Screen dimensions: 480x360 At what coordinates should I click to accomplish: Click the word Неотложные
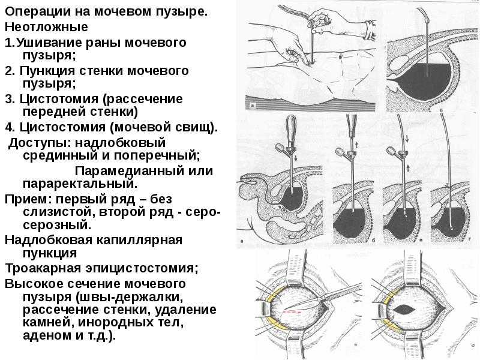click(x=46, y=27)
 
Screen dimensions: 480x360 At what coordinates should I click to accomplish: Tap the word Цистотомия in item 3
click(x=59, y=99)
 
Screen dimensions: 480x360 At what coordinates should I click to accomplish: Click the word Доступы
click(x=40, y=143)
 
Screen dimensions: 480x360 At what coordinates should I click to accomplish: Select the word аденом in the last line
click(x=47, y=335)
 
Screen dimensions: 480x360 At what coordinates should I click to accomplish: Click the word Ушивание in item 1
click(x=49, y=43)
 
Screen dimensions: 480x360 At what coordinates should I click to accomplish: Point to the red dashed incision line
click(x=292, y=312)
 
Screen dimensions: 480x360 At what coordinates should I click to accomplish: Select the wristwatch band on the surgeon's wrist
click(x=370, y=31)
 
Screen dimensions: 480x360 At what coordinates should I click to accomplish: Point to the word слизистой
click(x=57, y=212)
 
